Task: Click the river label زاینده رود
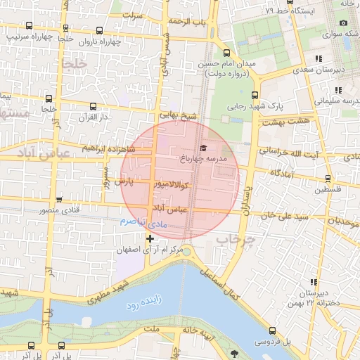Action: (143, 307)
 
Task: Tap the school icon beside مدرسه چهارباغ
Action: (204, 148)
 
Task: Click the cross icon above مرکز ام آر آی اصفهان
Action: (149, 239)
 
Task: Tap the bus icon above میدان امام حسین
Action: (226, 53)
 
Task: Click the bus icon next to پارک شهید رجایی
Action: (255, 96)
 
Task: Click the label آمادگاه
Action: (276, 173)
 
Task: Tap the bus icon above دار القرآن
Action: (93, 107)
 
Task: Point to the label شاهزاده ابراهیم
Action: (108, 148)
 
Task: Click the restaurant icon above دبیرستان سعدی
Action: (319, 59)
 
